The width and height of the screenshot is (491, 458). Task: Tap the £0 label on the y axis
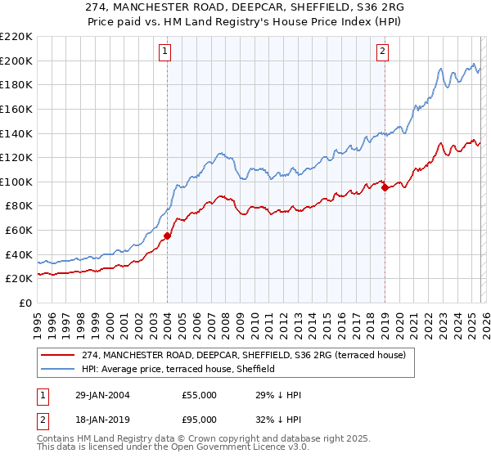click(x=26, y=303)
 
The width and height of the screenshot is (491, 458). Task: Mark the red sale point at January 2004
click(x=167, y=236)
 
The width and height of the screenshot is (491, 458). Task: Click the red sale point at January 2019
click(x=384, y=187)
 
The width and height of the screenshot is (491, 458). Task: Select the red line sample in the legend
click(x=59, y=356)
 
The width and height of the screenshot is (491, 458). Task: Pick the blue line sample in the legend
click(x=59, y=369)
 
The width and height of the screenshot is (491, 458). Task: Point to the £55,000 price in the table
click(x=200, y=395)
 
